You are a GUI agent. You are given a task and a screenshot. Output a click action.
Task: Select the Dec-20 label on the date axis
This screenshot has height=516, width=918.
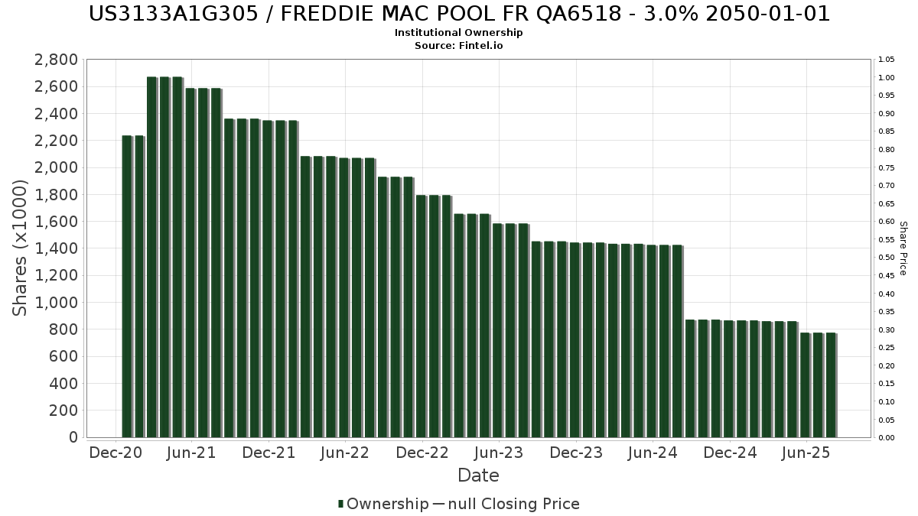click(116, 453)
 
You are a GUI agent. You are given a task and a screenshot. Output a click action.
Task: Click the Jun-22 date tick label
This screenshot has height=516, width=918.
click(346, 453)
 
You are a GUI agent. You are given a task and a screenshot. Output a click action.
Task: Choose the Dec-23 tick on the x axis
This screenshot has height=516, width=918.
click(576, 453)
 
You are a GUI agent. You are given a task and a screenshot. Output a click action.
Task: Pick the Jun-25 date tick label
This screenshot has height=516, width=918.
click(806, 453)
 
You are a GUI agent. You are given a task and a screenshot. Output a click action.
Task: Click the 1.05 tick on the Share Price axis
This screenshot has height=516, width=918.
click(887, 60)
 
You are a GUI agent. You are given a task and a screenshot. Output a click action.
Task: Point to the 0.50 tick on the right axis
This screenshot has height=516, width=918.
click(887, 258)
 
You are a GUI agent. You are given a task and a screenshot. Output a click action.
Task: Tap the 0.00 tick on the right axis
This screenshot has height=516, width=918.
click(887, 438)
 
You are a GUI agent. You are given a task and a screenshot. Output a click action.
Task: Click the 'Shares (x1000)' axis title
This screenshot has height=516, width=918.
click(21, 248)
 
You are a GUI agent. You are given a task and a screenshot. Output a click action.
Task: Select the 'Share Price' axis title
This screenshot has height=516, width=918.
click(903, 248)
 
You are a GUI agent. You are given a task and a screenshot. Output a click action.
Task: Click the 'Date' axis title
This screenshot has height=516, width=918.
click(478, 475)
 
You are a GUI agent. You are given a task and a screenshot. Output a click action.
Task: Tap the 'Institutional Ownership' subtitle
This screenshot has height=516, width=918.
click(459, 33)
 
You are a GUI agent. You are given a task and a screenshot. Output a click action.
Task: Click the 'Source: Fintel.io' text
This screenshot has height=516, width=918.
click(459, 46)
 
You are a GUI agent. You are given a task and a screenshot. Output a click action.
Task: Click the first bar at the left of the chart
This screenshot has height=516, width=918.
click(127, 287)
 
